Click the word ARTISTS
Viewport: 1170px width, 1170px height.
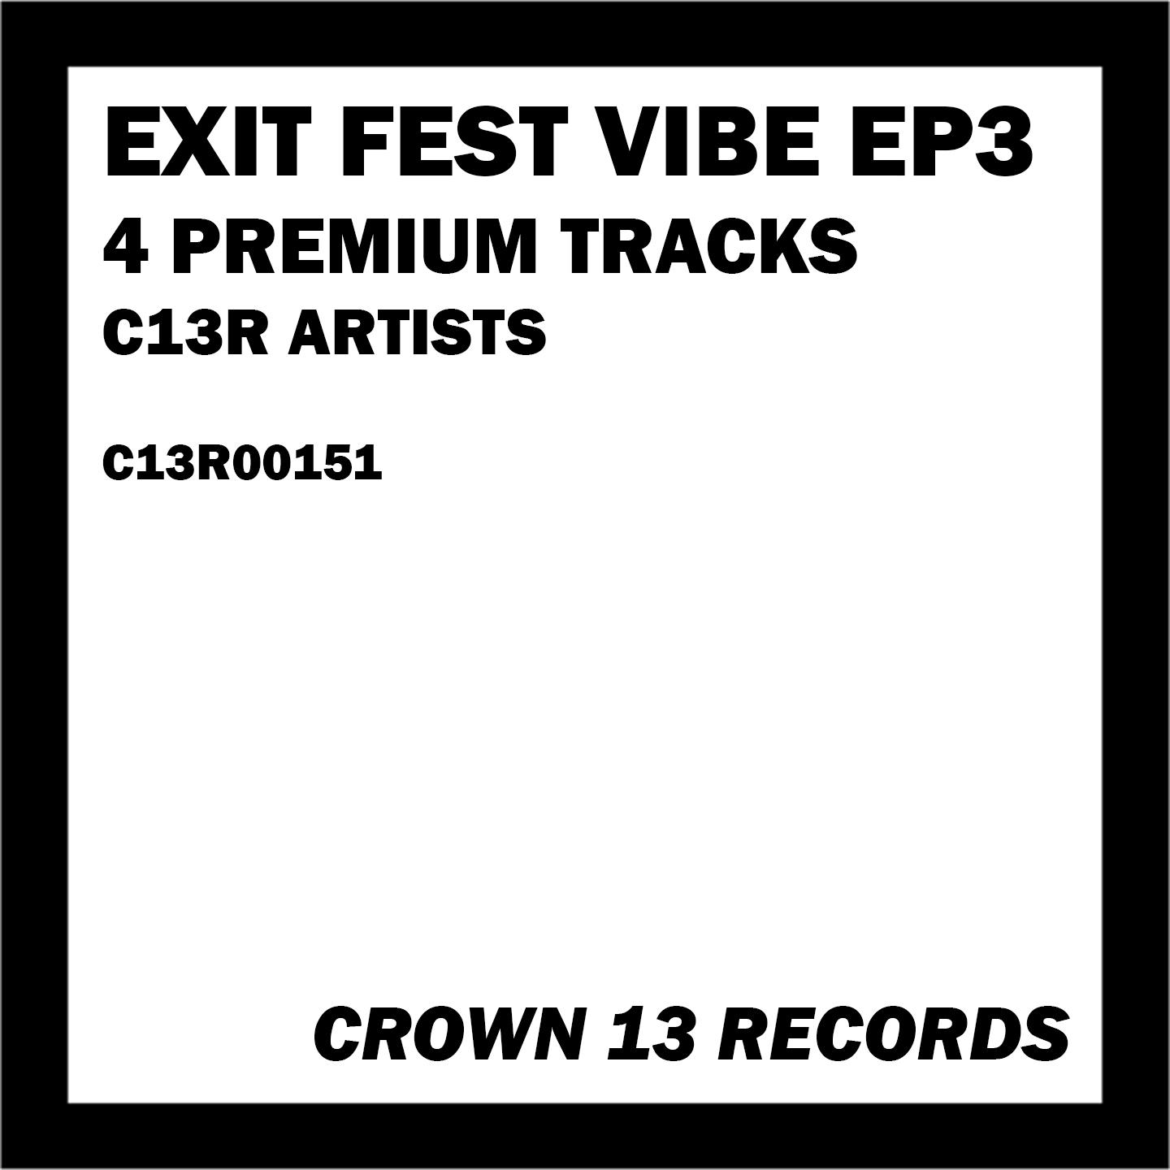416,332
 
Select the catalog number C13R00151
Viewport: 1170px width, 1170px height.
242,464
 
